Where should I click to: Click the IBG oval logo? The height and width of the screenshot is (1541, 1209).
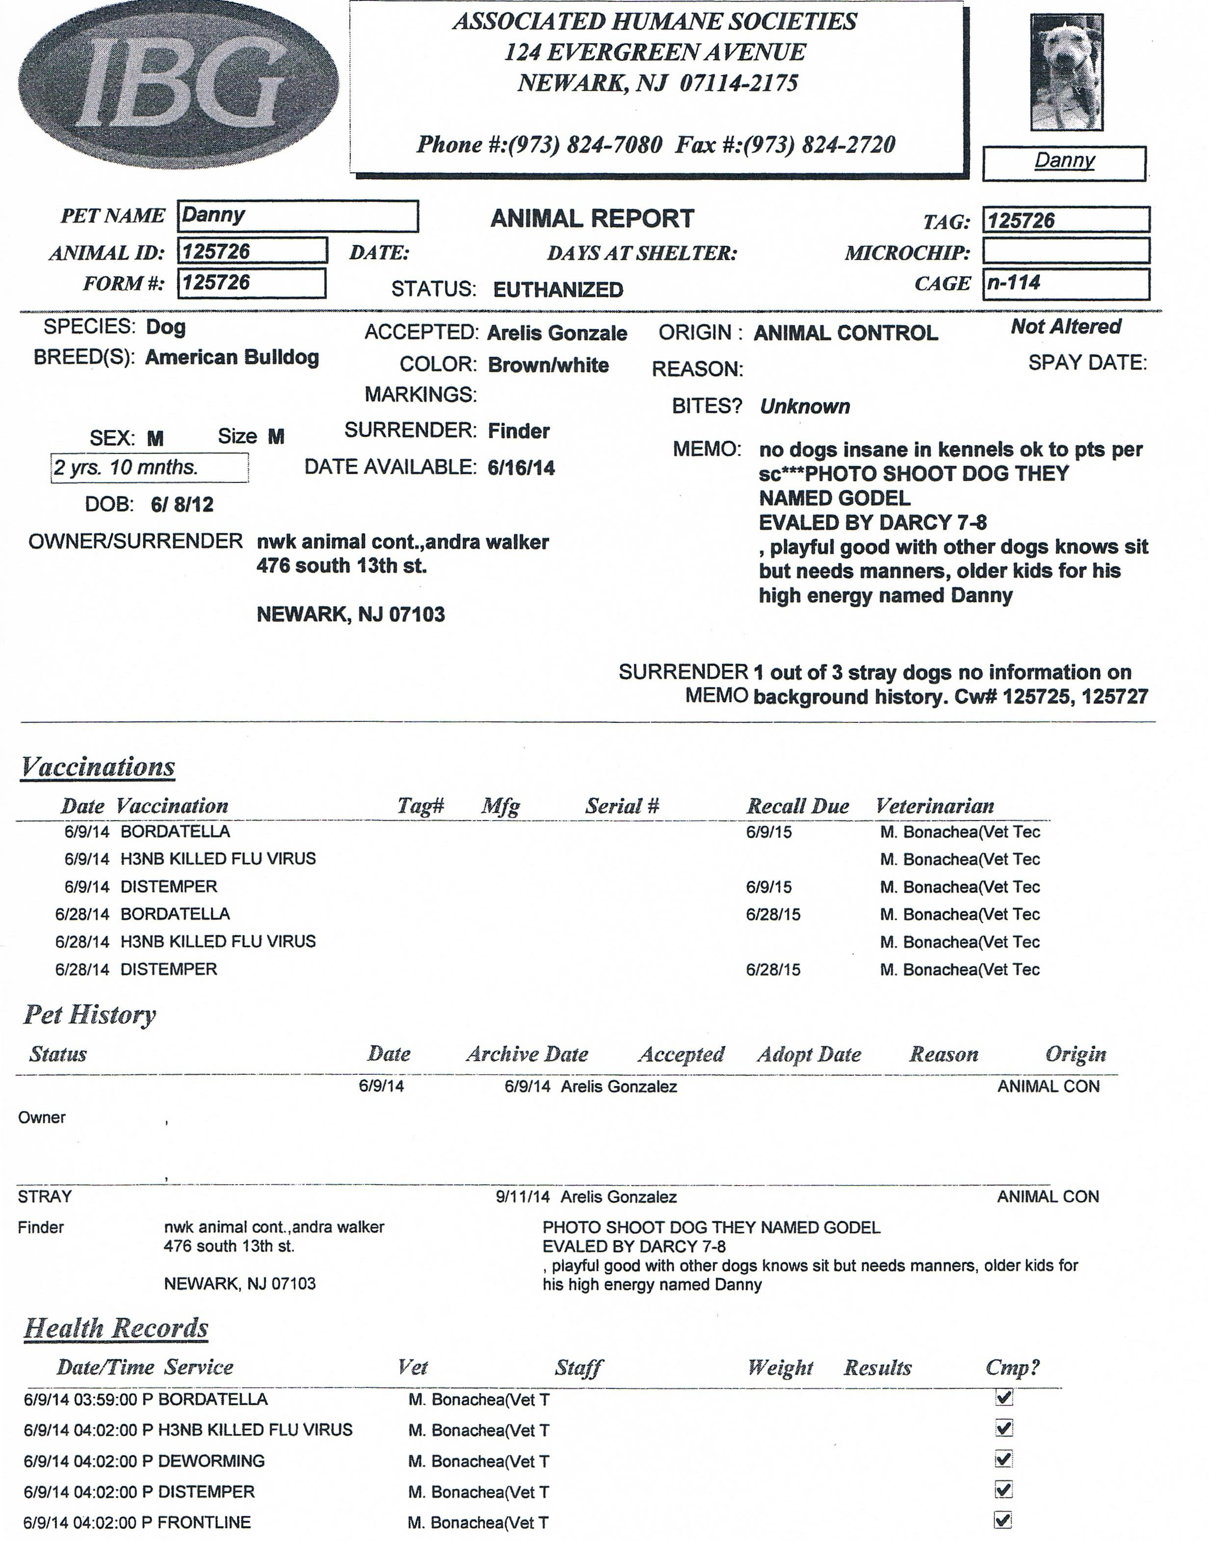[179, 85]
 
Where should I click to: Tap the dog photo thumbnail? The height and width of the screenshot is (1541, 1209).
[1066, 72]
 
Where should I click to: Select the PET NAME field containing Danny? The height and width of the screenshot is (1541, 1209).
[297, 216]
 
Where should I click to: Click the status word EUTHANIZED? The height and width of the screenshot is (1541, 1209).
[558, 290]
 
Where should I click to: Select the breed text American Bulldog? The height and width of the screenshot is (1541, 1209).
[232, 357]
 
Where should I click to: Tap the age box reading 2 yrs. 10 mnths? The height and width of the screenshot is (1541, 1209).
[149, 468]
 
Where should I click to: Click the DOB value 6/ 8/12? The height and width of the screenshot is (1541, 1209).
[182, 505]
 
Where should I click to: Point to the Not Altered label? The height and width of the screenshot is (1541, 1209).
[1065, 326]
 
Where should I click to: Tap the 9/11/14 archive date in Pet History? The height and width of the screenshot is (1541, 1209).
[523, 1197]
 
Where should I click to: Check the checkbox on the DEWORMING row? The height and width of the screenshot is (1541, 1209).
[1003, 1459]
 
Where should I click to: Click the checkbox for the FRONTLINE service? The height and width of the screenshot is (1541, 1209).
[1003, 1520]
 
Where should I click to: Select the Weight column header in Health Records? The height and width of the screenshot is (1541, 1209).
[780, 1368]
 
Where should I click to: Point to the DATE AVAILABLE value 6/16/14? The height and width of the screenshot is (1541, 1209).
[521, 468]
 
